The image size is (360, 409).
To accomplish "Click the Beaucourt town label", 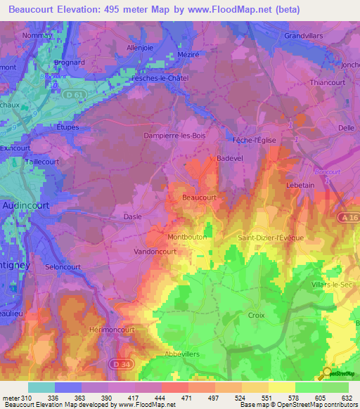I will click(x=199, y=198).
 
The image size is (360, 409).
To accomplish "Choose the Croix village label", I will click(x=256, y=316).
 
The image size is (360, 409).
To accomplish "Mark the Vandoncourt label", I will click(x=155, y=251).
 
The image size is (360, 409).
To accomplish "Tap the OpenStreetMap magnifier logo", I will click(x=326, y=375).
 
